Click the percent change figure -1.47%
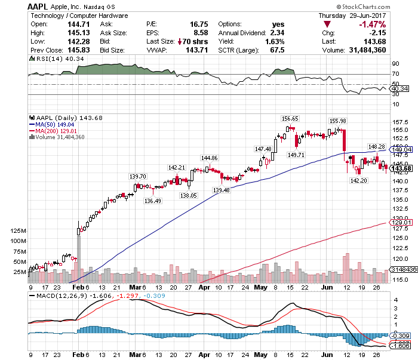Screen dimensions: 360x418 389,24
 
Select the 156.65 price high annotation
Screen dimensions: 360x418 290,119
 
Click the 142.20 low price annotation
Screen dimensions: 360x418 358,180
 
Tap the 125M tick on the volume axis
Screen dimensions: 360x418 19,230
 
